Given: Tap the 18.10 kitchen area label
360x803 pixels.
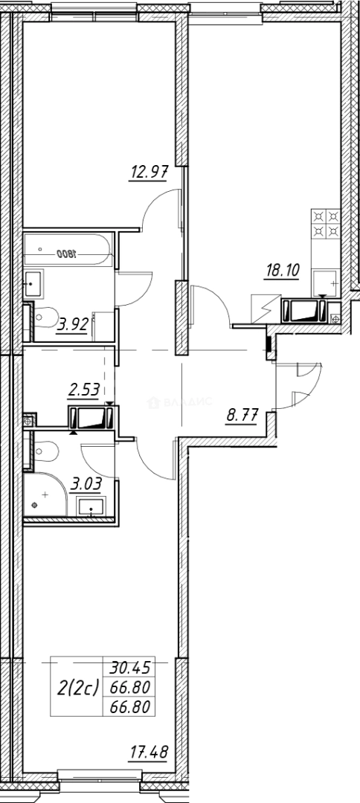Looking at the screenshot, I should (x=281, y=271).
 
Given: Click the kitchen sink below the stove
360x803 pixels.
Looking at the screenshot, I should (x=324, y=282).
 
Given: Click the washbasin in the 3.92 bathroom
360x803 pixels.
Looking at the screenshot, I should (x=34, y=282).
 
